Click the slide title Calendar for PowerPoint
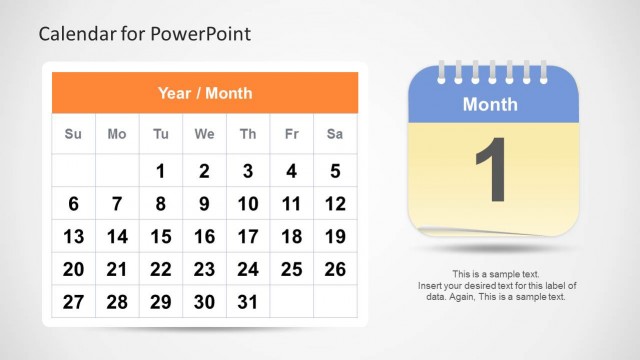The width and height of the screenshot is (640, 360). pos(144,34)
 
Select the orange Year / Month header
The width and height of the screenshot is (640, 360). pos(204,93)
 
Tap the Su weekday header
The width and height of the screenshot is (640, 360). pos(73,134)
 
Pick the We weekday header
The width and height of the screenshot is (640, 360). pos(204,134)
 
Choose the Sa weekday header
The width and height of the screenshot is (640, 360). pos(335,134)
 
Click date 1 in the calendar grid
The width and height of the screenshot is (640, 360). pos(160,172)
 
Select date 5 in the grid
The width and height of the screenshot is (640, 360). pos(335,172)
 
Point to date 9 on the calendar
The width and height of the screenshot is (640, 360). pos(204,204)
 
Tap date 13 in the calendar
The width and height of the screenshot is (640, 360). pos(73,237)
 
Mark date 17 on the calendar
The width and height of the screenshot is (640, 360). pos(248,237)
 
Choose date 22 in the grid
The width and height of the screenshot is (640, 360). pos(160,269)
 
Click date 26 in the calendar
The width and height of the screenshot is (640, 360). pos(335,269)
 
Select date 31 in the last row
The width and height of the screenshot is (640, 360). pos(248,302)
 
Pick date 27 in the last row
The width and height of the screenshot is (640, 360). pos(73,302)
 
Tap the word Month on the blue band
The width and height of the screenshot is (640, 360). pos(490,104)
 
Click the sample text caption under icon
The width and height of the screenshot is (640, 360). pos(497,285)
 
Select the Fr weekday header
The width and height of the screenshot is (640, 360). pos(291,134)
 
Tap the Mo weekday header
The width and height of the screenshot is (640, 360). pos(117,134)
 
